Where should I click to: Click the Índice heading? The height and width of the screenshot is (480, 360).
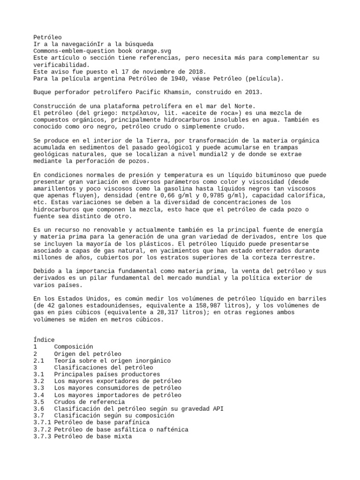(x=44, y=340)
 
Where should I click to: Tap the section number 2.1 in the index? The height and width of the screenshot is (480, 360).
(x=39, y=360)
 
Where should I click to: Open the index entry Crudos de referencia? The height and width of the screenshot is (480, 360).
(x=90, y=402)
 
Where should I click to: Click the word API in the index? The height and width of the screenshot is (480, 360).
(x=217, y=409)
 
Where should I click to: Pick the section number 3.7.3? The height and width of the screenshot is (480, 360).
(x=43, y=436)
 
